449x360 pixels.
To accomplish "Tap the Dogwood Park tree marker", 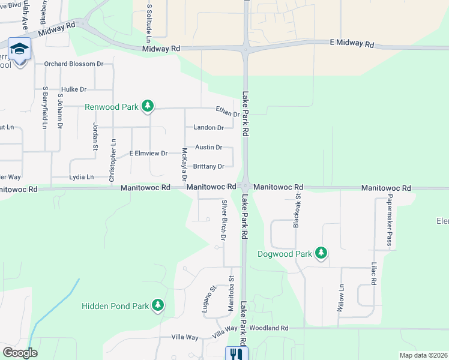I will [x=322, y=254].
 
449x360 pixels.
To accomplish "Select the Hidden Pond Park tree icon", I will [x=158, y=306].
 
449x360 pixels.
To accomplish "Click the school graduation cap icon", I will [x=20, y=49].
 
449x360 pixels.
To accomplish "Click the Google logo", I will [x=20, y=353].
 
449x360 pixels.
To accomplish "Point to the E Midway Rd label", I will [x=352, y=45].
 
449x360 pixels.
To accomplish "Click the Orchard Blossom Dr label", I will [x=74, y=64].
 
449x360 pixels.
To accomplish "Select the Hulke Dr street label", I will [x=74, y=89].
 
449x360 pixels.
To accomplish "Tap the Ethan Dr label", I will [x=228, y=112].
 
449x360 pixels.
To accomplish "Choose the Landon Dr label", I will [x=208, y=128].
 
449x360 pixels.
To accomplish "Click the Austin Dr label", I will [x=208, y=148].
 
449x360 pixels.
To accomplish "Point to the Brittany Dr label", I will [x=208, y=167].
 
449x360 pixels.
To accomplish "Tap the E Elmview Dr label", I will [x=148, y=154].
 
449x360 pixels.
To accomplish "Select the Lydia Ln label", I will [x=82, y=178].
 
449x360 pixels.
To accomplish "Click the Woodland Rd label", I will [x=269, y=328].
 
